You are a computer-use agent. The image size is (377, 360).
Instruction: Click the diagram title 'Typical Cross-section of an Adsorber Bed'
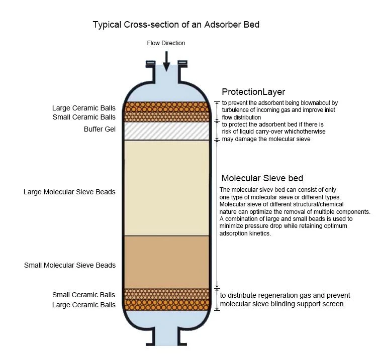click(x=176, y=25)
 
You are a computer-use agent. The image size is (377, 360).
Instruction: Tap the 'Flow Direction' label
click(x=166, y=43)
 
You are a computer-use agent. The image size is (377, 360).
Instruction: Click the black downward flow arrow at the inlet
click(x=166, y=61)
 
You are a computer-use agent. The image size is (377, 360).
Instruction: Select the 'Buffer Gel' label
click(x=100, y=129)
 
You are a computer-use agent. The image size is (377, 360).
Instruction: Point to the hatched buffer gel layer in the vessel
click(x=166, y=131)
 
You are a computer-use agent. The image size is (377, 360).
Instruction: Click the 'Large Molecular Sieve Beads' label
click(x=69, y=192)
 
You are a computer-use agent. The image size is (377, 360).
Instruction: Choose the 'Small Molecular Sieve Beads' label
click(x=70, y=265)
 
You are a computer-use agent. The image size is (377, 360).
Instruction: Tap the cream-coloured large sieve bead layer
click(x=166, y=188)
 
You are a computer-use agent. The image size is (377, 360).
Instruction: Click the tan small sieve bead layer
click(x=166, y=262)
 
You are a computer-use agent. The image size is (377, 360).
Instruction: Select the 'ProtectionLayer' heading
click(x=253, y=92)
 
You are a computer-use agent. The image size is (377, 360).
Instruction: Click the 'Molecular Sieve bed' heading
click(x=262, y=178)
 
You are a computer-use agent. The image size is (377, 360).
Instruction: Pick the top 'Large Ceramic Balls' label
click(x=83, y=108)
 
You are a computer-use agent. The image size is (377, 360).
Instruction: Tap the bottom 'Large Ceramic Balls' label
click(x=83, y=305)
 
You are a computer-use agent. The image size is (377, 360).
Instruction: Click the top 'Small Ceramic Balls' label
click(x=84, y=117)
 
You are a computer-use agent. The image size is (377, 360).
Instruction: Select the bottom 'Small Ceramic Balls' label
click(x=83, y=295)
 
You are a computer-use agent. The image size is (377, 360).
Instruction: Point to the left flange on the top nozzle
click(x=151, y=64)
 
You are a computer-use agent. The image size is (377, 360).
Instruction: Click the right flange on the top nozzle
click(x=182, y=64)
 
